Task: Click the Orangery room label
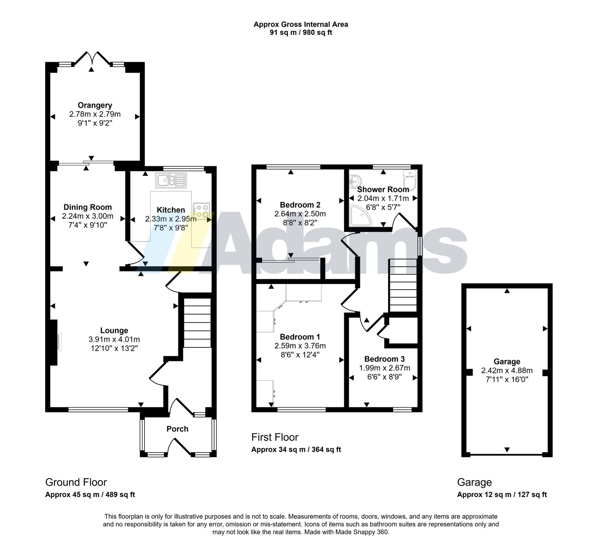pyautogui.click(x=95, y=105)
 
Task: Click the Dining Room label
pyautogui.click(x=88, y=207)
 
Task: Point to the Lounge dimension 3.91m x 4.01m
pyautogui.click(x=114, y=339)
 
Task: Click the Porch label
pyautogui.click(x=177, y=429)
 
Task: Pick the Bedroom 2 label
pyautogui.click(x=300, y=205)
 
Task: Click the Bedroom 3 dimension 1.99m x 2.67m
pyautogui.click(x=384, y=368)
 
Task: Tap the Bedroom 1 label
pyautogui.click(x=300, y=337)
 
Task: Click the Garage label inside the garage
pyautogui.click(x=507, y=361)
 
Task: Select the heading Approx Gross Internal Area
pyautogui.click(x=301, y=24)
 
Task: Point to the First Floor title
pyautogui.click(x=275, y=437)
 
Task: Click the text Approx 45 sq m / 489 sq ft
pyautogui.click(x=90, y=495)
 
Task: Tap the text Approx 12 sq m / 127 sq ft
pyautogui.click(x=502, y=495)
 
